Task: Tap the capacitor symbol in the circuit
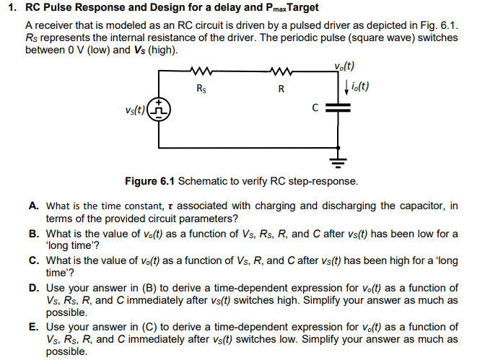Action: click(337, 107)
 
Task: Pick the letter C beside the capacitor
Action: click(315, 108)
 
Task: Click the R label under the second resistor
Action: click(281, 89)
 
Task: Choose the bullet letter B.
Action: click(34, 234)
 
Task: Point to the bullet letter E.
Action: click(34, 327)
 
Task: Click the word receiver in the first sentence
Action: click(54, 25)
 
